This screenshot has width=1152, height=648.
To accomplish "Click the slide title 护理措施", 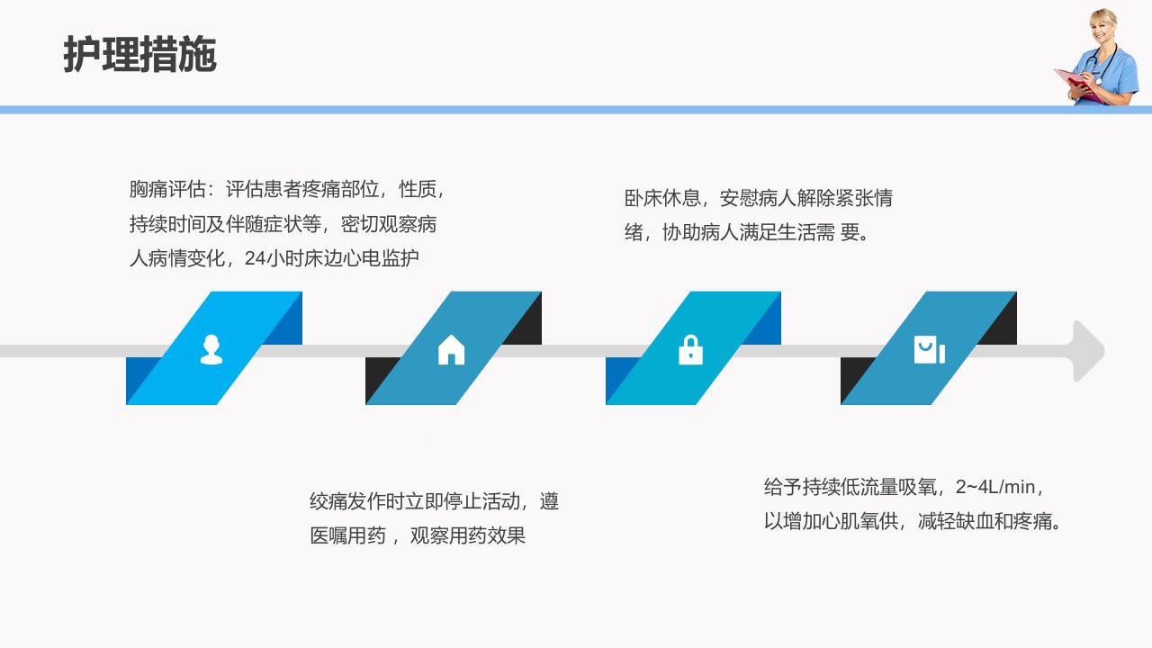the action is [139, 54].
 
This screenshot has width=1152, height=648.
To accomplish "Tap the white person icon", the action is [211, 350].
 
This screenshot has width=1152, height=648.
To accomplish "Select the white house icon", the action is [451, 350].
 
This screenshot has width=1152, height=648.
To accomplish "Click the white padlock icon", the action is [690, 350].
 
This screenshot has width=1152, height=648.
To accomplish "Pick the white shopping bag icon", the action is [930, 350].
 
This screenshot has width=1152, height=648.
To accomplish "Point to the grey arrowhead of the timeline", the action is [1089, 351].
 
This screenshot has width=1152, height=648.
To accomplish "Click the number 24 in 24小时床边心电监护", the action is [255, 258].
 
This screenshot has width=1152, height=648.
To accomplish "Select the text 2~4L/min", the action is [995, 487].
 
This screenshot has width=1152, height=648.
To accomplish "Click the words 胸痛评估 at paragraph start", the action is [167, 189].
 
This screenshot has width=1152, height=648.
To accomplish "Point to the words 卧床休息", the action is [662, 198].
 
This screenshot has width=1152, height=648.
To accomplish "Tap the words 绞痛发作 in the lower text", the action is [347, 501].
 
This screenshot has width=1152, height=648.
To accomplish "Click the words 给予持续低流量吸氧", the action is [850, 487].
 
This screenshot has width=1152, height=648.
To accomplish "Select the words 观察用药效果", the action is [467, 535].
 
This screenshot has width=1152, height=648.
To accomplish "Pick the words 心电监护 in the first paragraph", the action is [381, 258].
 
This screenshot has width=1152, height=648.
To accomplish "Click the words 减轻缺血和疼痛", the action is [985, 521].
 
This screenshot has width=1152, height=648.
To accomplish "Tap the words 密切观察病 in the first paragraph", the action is [389, 224].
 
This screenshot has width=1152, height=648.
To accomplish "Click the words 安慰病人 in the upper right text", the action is [758, 198].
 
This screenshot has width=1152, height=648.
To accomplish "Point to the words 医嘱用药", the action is [347, 535].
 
